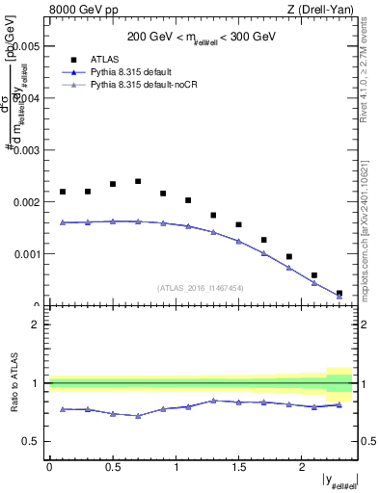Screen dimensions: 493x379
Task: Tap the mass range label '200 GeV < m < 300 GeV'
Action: tap(202, 37)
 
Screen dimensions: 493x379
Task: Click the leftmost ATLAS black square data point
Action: tap(63, 192)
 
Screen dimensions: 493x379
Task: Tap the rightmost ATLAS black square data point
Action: tap(338, 293)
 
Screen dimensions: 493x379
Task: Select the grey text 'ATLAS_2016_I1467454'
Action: tap(201, 287)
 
